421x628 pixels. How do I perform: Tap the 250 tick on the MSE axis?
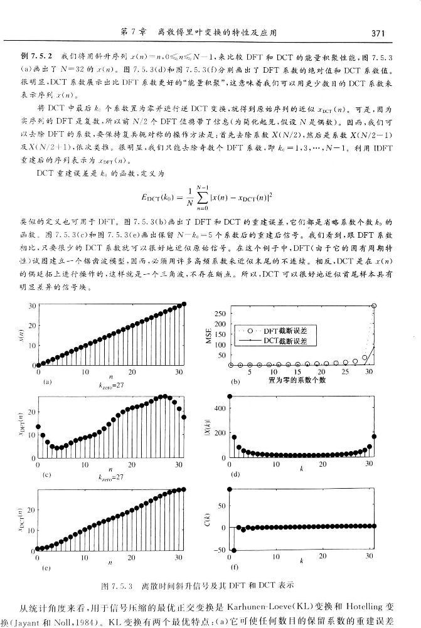click(219, 314)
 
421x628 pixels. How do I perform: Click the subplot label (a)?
click(43, 381)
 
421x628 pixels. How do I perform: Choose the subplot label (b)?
click(236, 381)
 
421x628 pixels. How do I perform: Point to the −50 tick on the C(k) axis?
click(219, 550)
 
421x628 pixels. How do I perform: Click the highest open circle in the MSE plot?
click(374, 306)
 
